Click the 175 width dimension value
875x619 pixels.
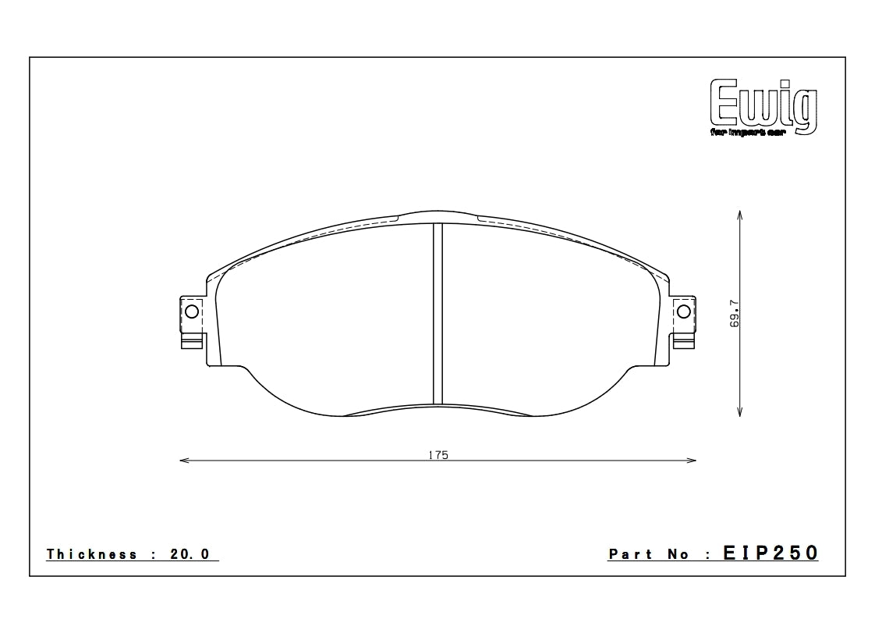pos(437,455)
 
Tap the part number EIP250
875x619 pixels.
pos(770,553)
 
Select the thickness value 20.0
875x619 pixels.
pos(190,554)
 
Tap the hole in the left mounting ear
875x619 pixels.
pos(191,312)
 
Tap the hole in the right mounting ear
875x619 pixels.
pos(684,312)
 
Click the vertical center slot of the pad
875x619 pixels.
pos(437,312)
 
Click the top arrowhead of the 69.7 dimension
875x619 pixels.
pos(739,213)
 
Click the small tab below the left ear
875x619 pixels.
pos(192,340)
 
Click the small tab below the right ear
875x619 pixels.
pos(683,340)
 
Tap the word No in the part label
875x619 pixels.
pos(681,554)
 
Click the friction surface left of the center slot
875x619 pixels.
pos(328,312)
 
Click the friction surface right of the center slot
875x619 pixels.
pos(546,312)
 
